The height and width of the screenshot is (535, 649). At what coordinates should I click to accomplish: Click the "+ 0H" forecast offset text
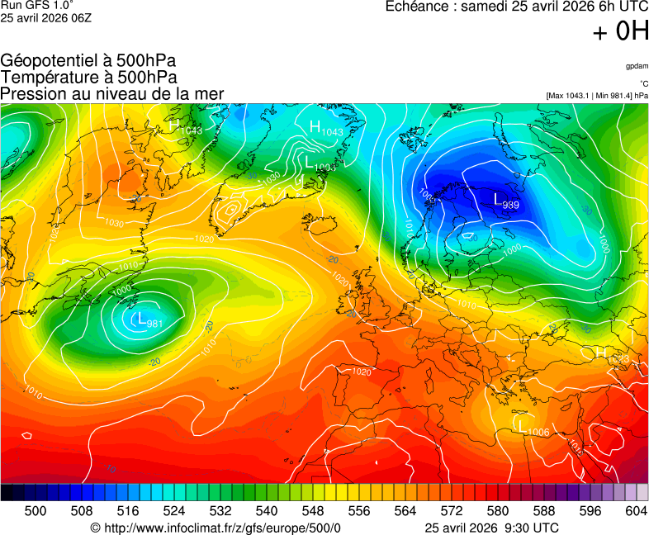coord(620,32)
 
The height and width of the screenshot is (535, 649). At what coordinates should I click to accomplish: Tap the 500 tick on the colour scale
coord(36,511)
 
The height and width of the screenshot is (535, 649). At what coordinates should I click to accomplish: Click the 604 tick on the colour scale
coord(636,511)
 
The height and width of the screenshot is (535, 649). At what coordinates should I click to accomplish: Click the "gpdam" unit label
coord(637,65)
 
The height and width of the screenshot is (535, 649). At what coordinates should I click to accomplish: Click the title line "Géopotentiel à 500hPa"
coord(88,62)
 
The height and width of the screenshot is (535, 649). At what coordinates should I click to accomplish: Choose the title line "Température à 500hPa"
coord(88,78)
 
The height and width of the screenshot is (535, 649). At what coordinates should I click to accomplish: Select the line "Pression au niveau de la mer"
coord(112,93)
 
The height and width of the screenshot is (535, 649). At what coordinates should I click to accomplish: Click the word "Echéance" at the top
coord(418,7)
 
